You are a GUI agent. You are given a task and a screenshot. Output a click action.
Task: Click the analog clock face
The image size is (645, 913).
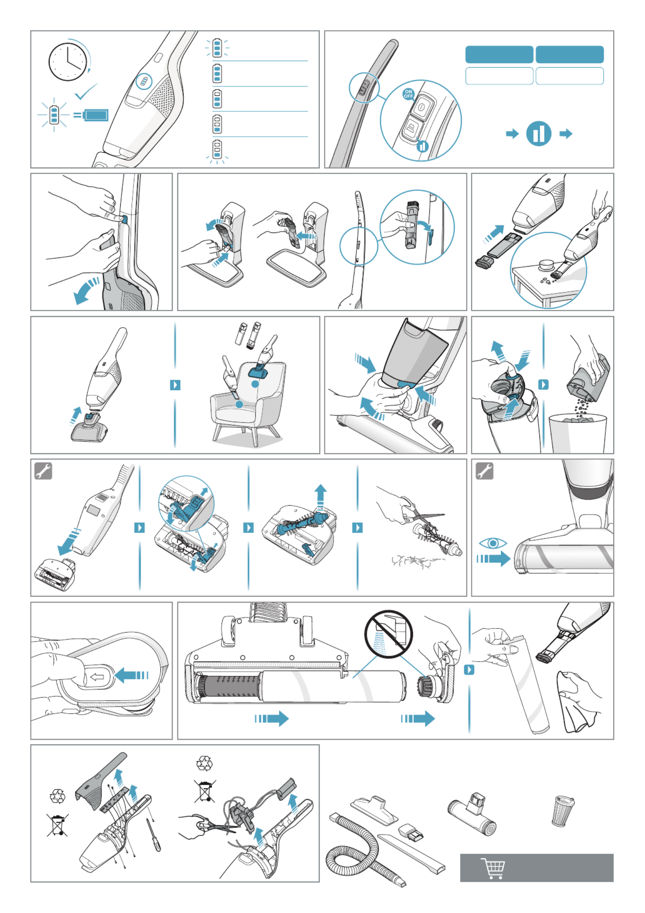[68, 62]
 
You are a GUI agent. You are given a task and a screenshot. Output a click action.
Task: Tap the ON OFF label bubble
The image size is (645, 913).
[408, 94]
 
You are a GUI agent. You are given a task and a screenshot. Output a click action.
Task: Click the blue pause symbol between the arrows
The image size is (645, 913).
[539, 133]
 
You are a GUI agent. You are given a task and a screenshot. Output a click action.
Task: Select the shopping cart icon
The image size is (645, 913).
[493, 868]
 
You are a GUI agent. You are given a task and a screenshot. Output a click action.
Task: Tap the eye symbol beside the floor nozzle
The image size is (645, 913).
[493, 543]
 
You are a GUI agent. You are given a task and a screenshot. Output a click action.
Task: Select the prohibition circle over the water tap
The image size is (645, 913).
[388, 634]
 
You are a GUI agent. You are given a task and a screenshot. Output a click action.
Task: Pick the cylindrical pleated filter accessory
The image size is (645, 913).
[562, 811]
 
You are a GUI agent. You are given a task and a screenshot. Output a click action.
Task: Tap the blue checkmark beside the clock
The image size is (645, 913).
[86, 92]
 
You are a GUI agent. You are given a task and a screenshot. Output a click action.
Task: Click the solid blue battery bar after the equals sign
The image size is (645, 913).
[96, 115]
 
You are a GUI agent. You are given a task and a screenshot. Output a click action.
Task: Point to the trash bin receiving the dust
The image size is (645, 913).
[577, 433]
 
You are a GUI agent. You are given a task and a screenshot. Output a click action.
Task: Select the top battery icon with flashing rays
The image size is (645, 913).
[217, 48]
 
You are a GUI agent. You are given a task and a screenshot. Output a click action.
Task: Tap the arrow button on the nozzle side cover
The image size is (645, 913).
[97, 677]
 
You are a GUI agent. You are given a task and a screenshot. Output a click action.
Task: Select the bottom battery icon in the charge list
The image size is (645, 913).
[217, 150]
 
